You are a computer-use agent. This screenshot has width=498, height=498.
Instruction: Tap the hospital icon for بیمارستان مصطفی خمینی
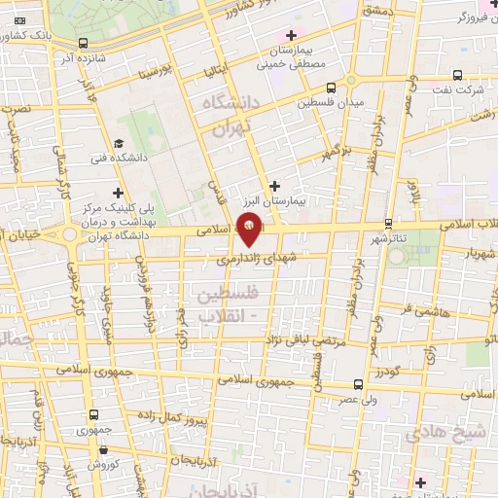click(291, 35)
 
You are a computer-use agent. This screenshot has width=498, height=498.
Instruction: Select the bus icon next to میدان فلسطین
click(332, 87)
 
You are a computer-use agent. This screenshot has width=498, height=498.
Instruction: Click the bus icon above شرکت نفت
click(458, 75)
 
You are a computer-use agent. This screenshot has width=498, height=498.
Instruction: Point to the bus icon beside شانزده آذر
click(82, 44)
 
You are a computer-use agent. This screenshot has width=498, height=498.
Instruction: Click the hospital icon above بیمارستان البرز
click(274, 185)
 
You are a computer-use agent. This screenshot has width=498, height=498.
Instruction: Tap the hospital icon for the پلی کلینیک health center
click(119, 194)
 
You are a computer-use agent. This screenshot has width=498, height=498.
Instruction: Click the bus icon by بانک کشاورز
click(82, 44)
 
